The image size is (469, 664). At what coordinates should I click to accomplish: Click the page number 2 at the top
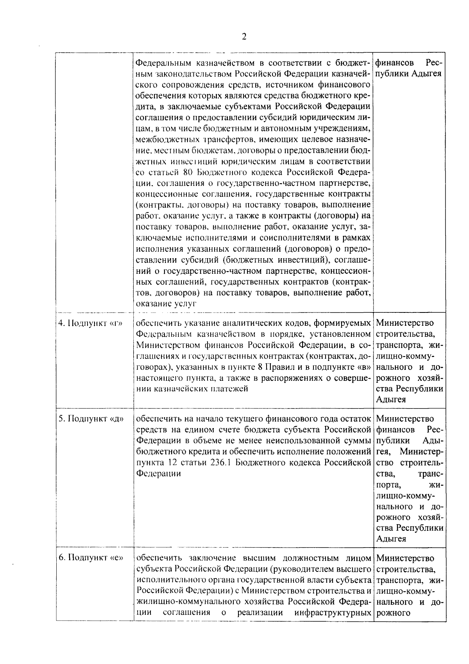tap(244, 37)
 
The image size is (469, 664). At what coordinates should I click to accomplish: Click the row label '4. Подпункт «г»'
tap(90, 323)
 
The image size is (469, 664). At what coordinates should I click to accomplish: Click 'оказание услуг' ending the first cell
tap(165, 303)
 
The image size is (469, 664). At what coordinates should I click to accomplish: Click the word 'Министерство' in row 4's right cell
tap(405, 323)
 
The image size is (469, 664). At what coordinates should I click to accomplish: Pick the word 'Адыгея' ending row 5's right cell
tap(391, 539)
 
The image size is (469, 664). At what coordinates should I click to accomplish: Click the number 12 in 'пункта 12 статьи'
tap(169, 463)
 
